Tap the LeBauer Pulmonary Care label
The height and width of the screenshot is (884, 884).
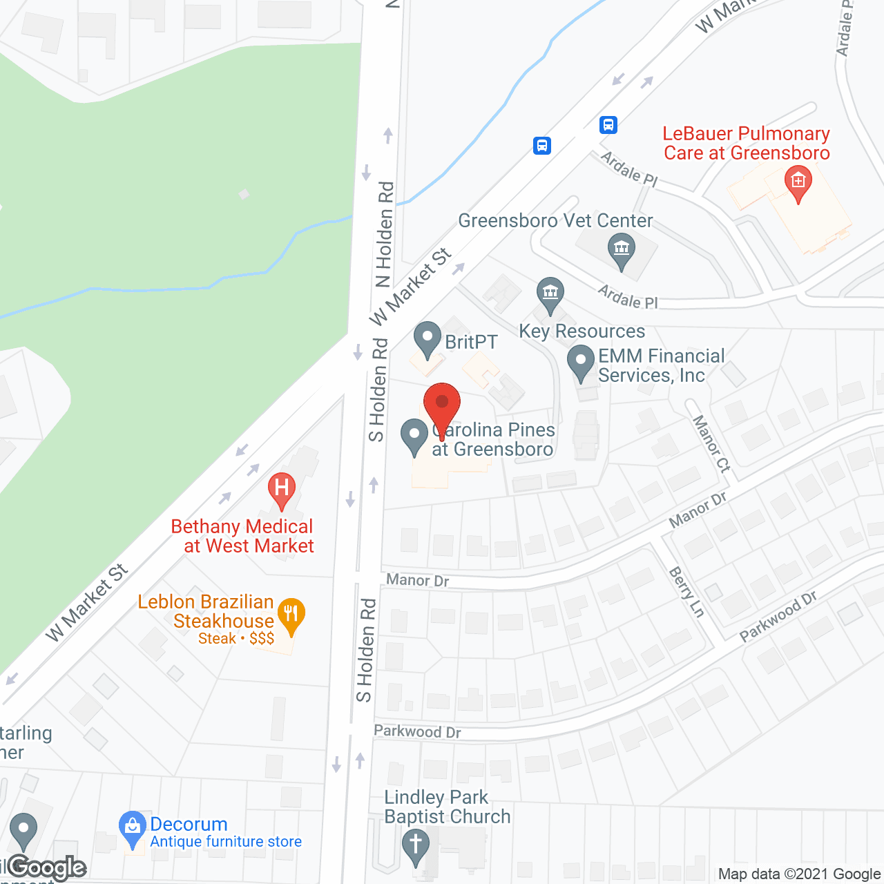pyautogui.click(x=746, y=143)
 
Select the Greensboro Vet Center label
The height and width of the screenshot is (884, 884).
pyautogui.click(x=555, y=221)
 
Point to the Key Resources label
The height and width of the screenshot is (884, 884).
pyautogui.click(x=582, y=331)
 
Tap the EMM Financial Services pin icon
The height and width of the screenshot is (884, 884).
pyautogui.click(x=581, y=363)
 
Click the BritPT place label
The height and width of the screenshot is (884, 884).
pyautogui.click(x=471, y=342)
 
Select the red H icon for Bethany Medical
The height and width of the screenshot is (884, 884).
pyautogui.click(x=282, y=488)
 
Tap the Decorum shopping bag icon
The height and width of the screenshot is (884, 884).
pyautogui.click(x=132, y=827)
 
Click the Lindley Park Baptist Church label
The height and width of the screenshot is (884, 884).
pyautogui.click(x=447, y=807)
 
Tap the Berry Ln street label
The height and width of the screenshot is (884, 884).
pyautogui.click(x=687, y=592)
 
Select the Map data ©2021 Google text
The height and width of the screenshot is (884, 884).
pyautogui.click(x=799, y=874)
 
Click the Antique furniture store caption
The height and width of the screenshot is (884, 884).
pyautogui.click(x=226, y=842)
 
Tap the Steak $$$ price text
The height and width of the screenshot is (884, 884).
pyautogui.click(x=236, y=639)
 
